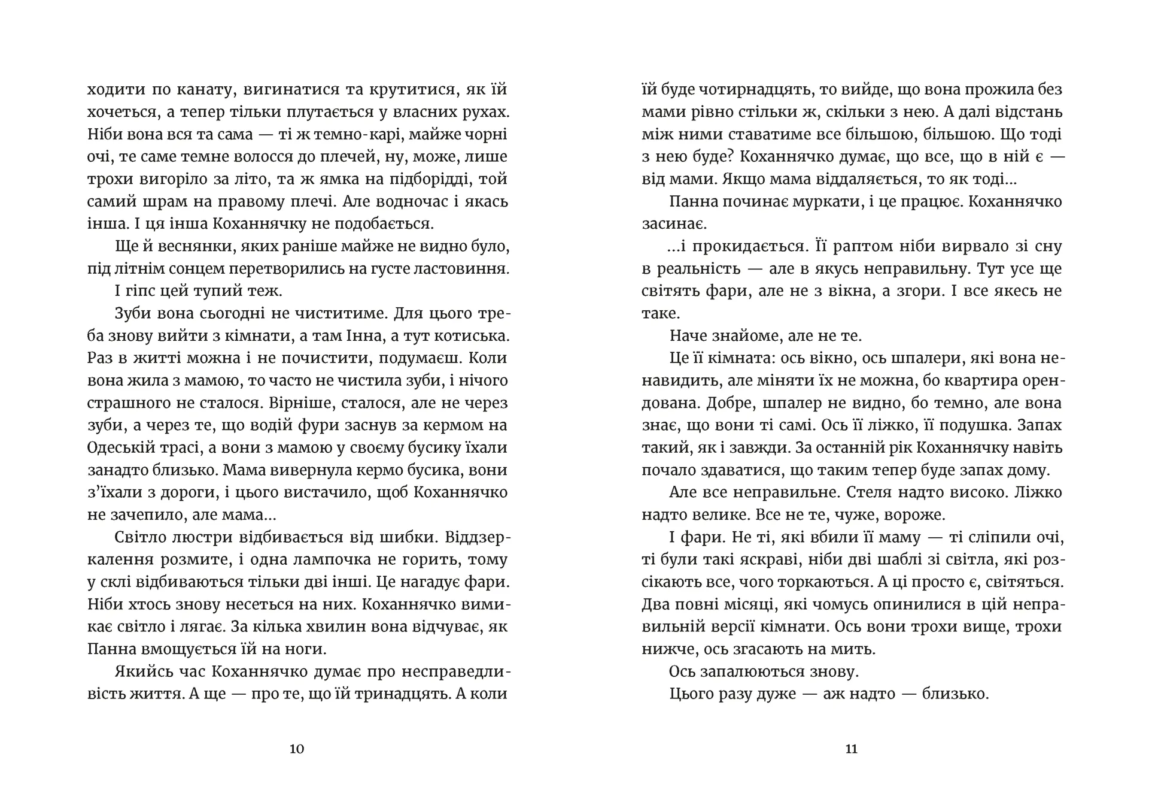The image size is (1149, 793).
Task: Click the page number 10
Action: tap(297, 749)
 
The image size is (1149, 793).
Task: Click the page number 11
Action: tap(851, 749)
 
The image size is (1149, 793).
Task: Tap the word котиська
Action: tap(471, 336)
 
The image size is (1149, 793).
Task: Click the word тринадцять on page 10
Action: tap(400, 694)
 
